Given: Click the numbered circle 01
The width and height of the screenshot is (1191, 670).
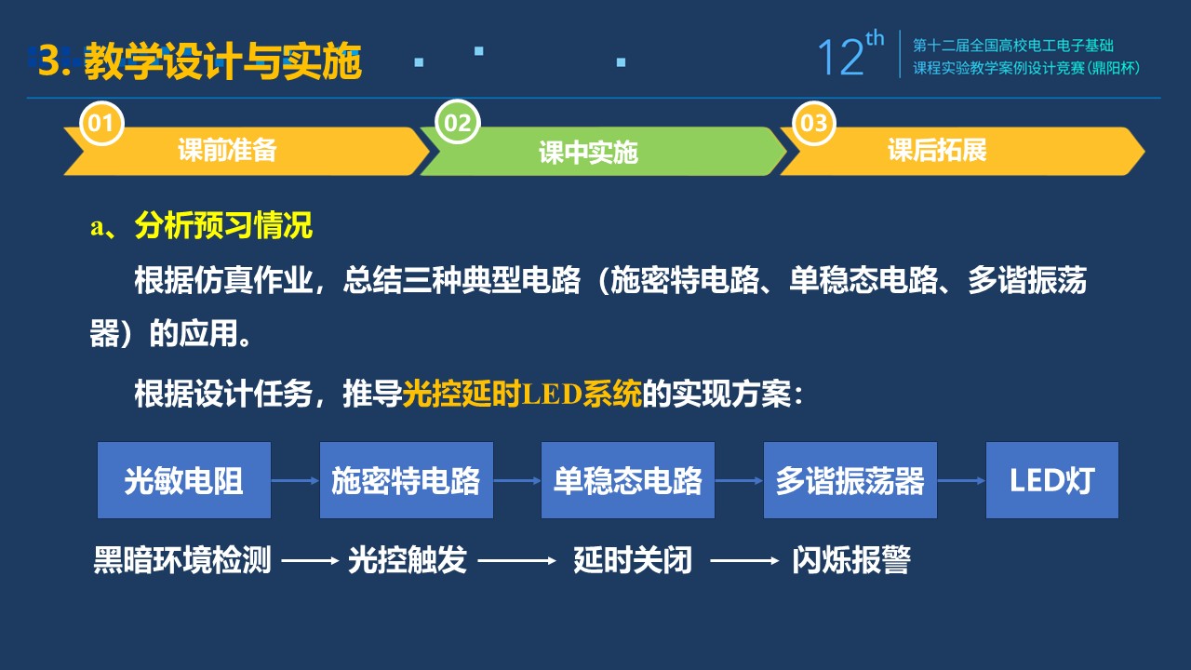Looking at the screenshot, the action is coord(101,123).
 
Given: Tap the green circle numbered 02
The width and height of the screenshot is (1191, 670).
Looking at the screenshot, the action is coord(457,122).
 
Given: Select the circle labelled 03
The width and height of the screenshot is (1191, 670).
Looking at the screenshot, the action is coord(813,123).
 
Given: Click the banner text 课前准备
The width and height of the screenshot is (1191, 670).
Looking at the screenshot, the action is coord(227,150).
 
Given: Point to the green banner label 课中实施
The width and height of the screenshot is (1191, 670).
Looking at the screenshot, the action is coord(588,153).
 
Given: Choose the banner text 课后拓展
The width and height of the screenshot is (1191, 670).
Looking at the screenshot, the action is coord(937,150).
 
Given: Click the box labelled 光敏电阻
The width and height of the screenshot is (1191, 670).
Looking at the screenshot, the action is coord(184,480).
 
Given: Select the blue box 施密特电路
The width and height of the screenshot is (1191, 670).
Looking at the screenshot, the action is coord(407,480).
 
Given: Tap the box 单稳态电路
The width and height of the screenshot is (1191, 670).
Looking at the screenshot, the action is coord(628,480).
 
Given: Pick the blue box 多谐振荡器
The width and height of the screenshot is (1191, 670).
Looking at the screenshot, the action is coord(850,480).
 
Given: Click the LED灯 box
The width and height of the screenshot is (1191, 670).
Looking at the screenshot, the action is coord(1052,480).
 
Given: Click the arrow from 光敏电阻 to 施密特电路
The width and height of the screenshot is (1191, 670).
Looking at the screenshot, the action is coord(295,481).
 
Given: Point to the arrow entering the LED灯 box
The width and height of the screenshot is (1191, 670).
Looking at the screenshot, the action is coord(962,481).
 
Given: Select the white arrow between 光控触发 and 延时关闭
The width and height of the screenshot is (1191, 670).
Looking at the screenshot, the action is coord(516,560).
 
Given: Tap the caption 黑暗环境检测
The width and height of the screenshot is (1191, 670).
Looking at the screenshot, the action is coord(182,560).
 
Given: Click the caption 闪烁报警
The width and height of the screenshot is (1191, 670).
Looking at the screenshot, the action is coord(851,560).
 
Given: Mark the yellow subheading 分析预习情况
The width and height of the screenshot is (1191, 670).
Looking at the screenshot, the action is coord(223,225).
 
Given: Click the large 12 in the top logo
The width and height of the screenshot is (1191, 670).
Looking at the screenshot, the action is coord(840,57).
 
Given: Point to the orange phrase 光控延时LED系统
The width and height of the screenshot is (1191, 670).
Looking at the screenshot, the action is coord(522,394).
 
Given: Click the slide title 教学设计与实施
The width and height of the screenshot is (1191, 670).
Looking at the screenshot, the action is coord(222,61).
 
